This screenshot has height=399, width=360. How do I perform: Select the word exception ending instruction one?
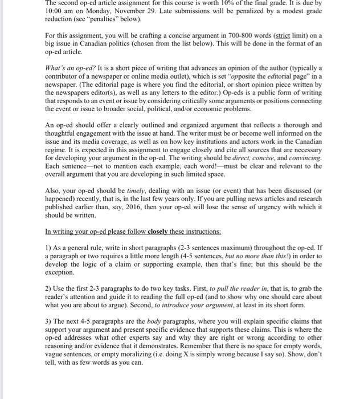click(60, 273)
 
